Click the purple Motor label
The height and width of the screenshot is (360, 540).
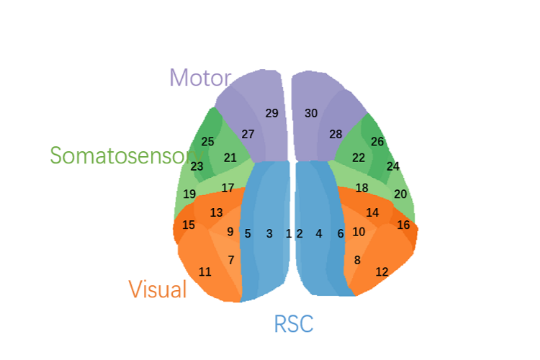pos(200,78)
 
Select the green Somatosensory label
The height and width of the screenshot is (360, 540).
pos(122,156)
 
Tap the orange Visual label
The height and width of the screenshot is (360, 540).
pos(158,289)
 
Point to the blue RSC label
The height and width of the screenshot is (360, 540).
pos(294,324)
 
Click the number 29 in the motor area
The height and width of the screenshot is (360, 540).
pos(271,113)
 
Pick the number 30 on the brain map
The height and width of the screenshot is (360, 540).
pos(311,113)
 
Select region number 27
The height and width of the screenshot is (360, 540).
pos(248,134)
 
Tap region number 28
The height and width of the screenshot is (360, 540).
pos(336,134)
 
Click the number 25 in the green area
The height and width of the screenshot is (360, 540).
pos(207,142)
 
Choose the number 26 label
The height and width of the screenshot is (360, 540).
pos(377,142)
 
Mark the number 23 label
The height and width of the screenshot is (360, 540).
pos(197,166)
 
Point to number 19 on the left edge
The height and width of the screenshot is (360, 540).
pos(189,194)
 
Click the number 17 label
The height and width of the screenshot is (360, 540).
pos(228,188)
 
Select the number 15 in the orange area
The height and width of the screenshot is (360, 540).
pos(188,225)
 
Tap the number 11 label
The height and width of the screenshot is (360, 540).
pos(205,271)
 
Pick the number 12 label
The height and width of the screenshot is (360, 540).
pos(382,271)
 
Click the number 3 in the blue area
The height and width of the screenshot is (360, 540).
pos(269,233)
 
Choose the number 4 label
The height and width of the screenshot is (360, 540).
pos(319,233)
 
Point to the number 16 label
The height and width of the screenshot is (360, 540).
pos(403,225)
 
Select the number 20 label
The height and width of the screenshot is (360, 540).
pos(400,194)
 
